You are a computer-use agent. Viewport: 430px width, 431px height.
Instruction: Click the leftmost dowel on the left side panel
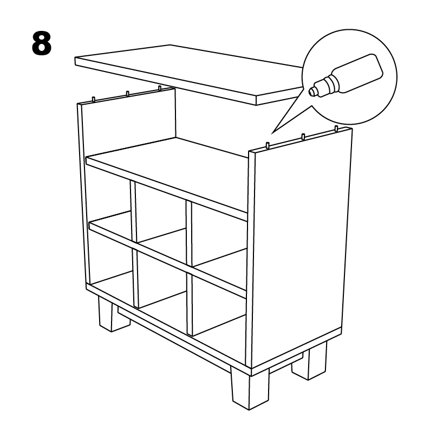[94, 99]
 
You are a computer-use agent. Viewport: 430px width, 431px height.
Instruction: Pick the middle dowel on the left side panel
[127, 94]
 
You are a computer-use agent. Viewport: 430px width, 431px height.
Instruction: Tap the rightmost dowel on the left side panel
[160, 88]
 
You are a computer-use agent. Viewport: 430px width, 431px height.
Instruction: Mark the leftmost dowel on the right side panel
[269, 144]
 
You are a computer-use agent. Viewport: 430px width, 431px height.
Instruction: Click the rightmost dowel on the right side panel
[336, 129]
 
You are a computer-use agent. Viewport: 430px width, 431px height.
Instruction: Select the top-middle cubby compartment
[161, 217]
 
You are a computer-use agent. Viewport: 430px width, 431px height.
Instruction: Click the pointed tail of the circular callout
[273, 131]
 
